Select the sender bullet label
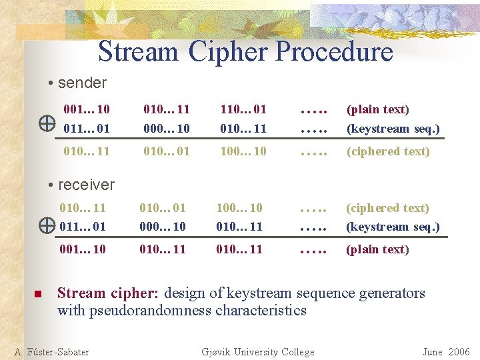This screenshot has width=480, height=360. (82, 83)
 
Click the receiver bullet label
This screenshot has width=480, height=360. (86, 185)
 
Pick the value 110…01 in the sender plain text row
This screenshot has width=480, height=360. (243, 109)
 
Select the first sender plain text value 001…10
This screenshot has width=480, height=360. (86, 109)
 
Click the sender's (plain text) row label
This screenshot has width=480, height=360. (377, 109)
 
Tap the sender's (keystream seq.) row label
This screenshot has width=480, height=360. (393, 128)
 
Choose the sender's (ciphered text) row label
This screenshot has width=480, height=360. (387, 151)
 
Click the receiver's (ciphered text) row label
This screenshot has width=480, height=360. (387, 208)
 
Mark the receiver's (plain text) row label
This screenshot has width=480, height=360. (377, 249)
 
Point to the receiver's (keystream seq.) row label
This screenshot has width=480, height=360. (393, 227)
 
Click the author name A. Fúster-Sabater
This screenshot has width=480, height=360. (52, 352)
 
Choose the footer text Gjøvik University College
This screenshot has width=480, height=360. (257, 352)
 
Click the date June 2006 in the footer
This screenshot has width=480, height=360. (446, 352)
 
